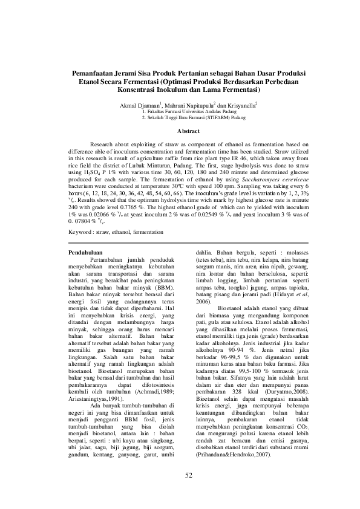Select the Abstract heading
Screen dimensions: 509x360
click(x=180, y=131)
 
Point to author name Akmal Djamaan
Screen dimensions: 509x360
click(x=137, y=106)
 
